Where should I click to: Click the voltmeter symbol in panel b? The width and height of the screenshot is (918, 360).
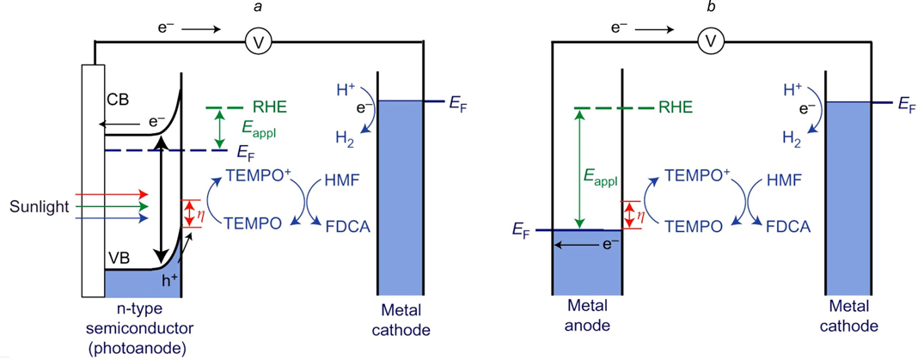coord(709,40)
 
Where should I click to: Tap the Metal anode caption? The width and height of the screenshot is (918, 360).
coord(584,318)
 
